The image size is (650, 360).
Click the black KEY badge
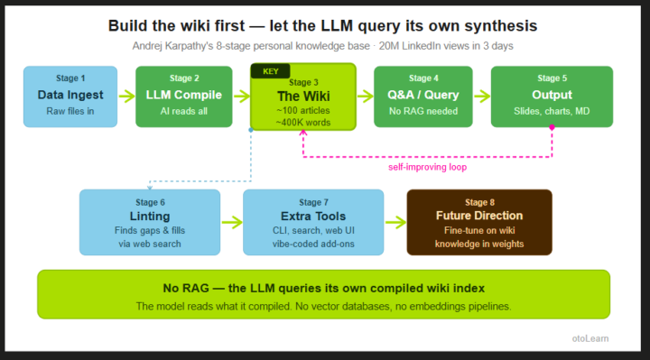tap(270, 71)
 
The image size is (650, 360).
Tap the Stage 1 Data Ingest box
tap(70, 97)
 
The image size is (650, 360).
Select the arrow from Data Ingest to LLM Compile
tap(127, 97)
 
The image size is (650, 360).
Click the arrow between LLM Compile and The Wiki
tap(242, 97)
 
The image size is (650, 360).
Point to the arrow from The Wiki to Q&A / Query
tap(366, 97)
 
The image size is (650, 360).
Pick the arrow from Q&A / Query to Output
tap(482, 97)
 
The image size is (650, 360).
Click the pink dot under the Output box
tap(552, 127)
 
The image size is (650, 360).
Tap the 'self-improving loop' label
tap(427, 167)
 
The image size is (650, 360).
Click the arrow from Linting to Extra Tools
tap(232, 222)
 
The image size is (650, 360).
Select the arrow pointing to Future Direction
tap(396, 222)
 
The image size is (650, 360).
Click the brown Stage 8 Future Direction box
tap(479, 222)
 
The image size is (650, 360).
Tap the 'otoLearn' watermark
tap(590, 338)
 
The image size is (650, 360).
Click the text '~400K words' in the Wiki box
tap(303, 123)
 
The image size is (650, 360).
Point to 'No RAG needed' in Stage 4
tap(423, 111)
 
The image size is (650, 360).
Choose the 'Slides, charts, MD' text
tap(552, 111)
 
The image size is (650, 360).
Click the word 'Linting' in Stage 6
tap(150, 217)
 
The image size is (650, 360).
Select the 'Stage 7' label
tap(313, 202)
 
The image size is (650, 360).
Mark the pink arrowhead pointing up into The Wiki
tap(303, 133)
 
